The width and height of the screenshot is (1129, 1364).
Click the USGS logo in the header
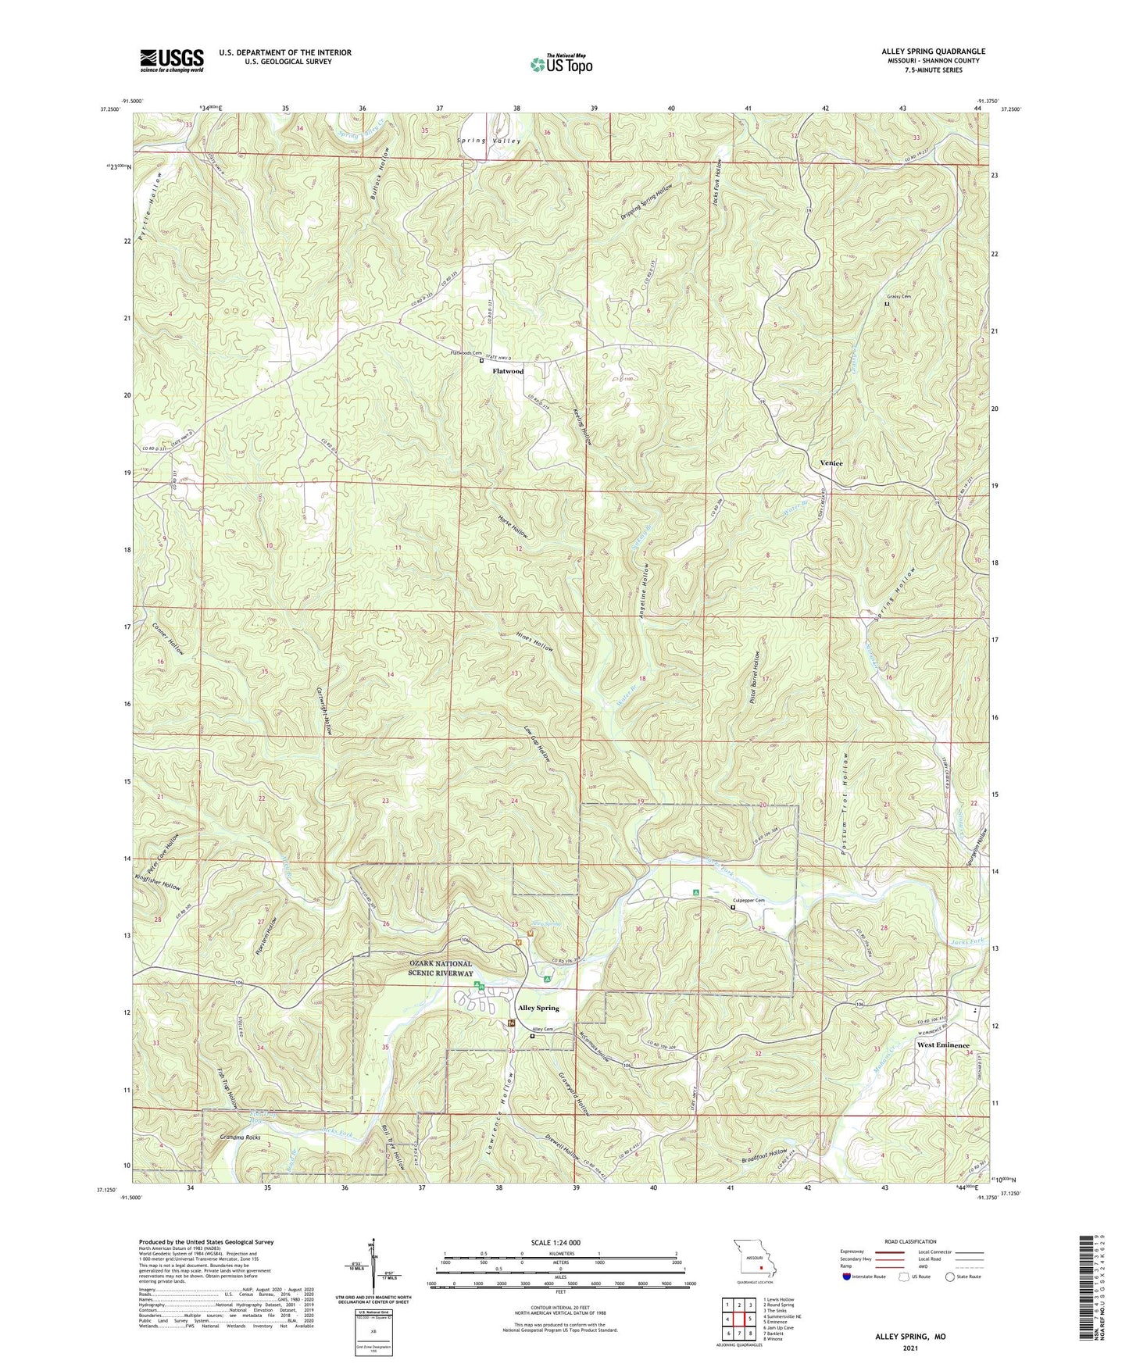click(x=172, y=60)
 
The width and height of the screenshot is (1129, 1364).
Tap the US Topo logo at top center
click(x=561, y=63)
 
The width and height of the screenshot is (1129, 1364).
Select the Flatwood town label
click(x=508, y=371)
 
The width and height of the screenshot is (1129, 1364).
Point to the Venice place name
click(x=831, y=462)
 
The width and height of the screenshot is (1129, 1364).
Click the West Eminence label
click(x=942, y=1044)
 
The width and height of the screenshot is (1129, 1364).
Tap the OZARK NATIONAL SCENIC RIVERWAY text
click(x=440, y=969)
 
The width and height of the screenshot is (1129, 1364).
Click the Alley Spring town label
click(x=538, y=1008)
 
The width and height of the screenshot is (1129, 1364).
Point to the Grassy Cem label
click(x=899, y=297)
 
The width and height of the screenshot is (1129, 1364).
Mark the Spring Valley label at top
click(x=489, y=141)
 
